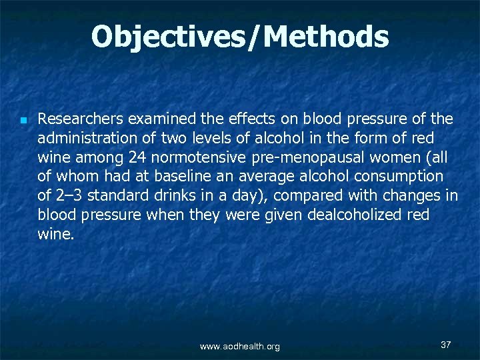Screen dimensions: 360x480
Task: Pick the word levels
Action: pyautogui.click(x=205, y=138)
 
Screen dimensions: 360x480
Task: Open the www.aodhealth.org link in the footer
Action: pyautogui.click(x=240, y=347)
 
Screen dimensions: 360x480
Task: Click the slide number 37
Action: pyautogui.click(x=446, y=345)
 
